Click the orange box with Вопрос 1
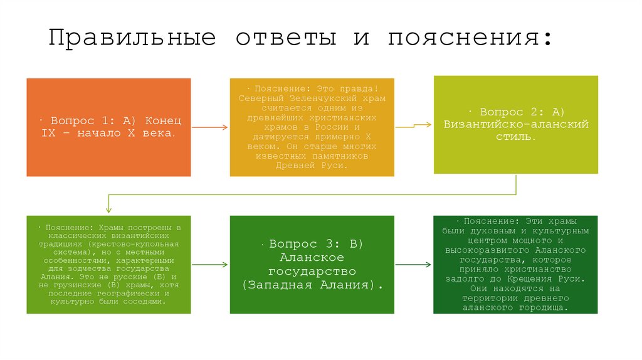pyautogui.click(x=108, y=127)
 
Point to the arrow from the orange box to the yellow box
pyautogui.click(x=209, y=127)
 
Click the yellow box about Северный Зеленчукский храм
pyautogui.click(x=312, y=127)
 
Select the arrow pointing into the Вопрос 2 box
pyautogui.click(x=414, y=125)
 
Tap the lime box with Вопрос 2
pyautogui.click(x=516, y=124)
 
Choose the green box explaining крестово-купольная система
pyautogui.click(x=108, y=265)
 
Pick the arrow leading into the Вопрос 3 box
pyautogui.click(x=209, y=265)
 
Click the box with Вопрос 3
pyautogui.click(x=312, y=265)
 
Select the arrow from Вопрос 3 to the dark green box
pyautogui.click(x=414, y=265)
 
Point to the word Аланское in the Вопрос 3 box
pyautogui.click(x=312, y=258)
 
